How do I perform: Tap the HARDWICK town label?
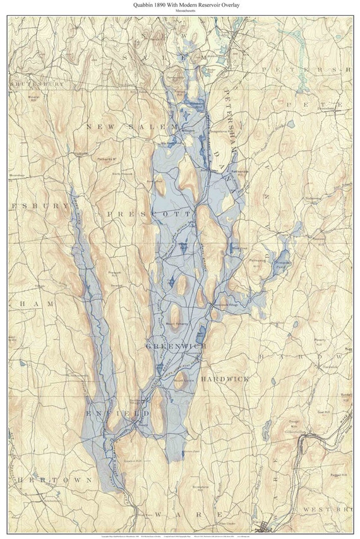(225, 379)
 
